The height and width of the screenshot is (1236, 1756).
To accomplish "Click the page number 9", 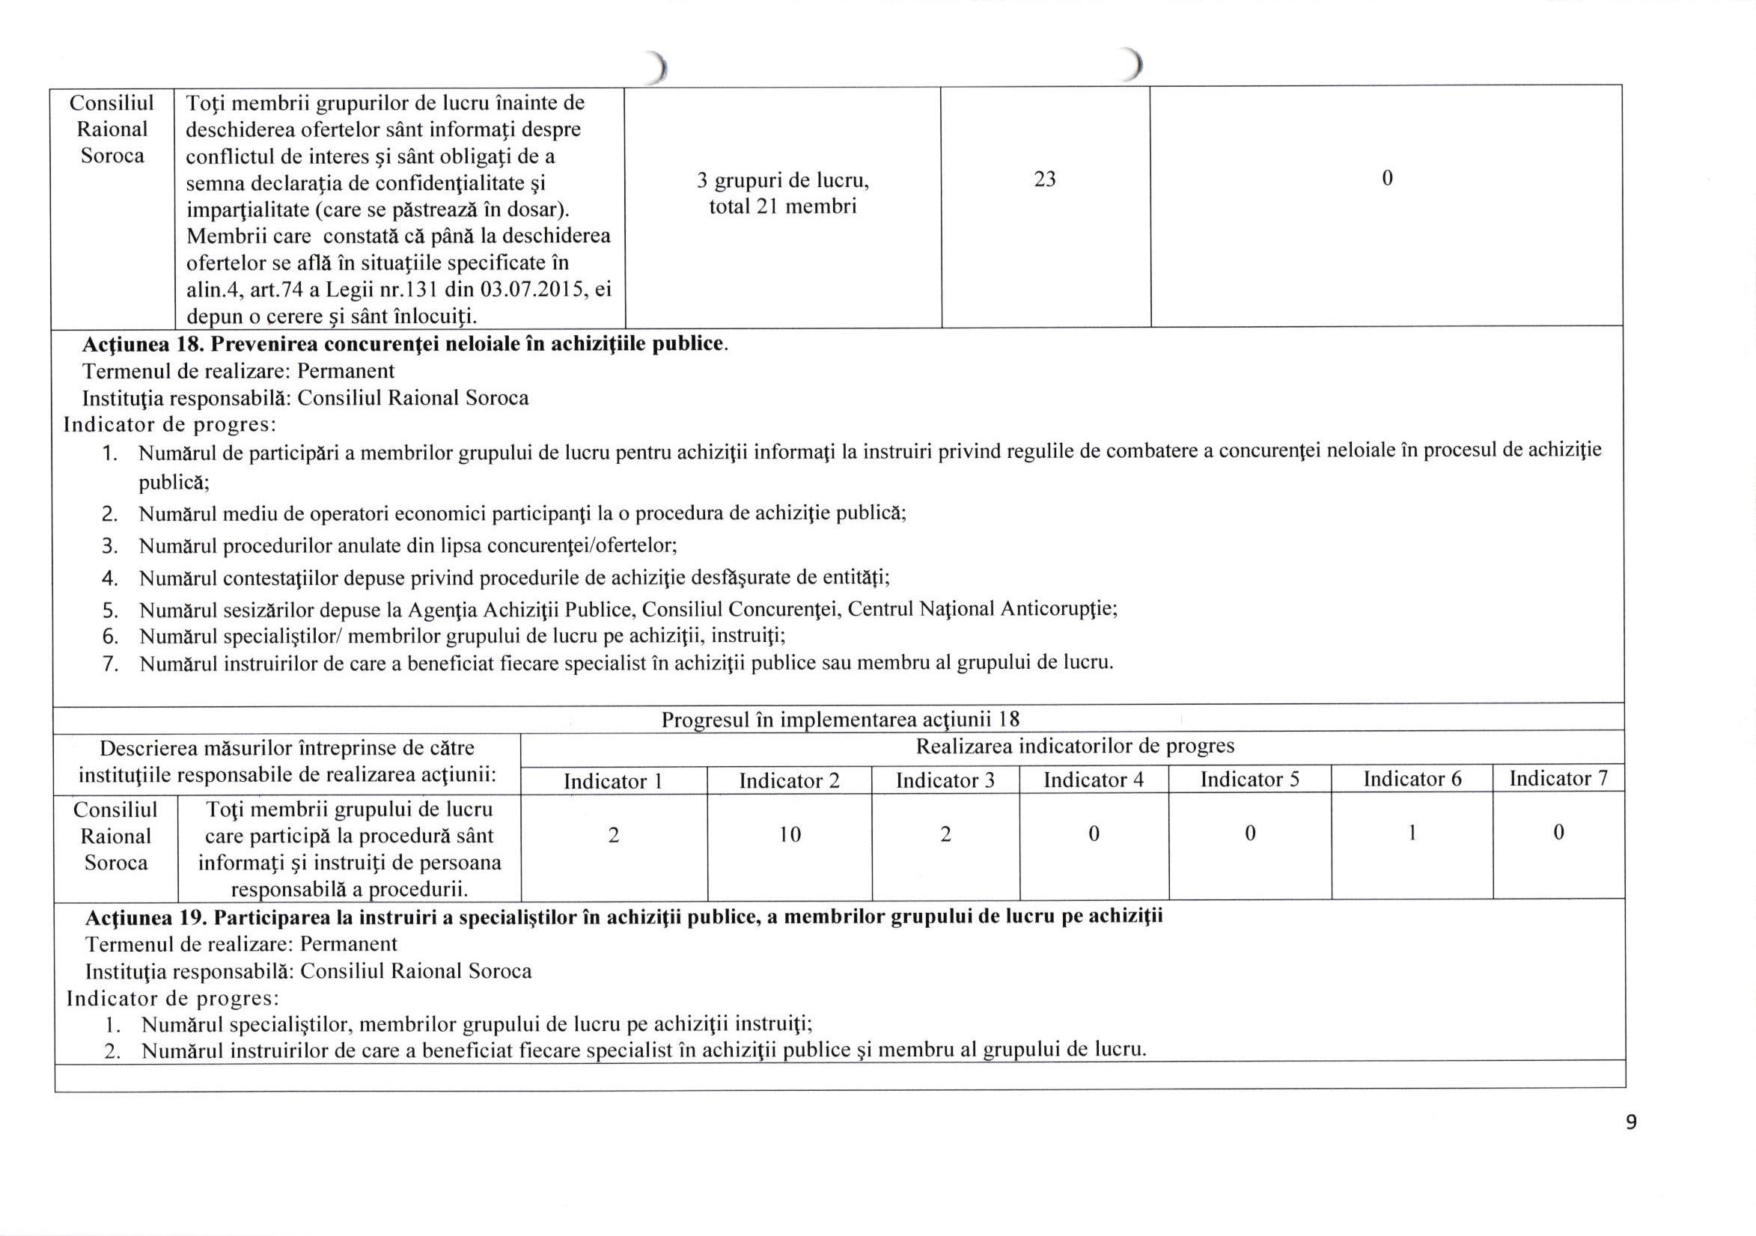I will [x=1630, y=1122].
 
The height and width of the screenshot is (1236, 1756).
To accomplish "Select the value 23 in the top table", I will [x=1045, y=179].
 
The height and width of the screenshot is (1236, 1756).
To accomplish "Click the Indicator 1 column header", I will [x=612, y=781].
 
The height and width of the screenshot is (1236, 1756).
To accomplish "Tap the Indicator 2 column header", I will [x=788, y=780].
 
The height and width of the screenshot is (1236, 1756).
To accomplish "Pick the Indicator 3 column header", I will [x=945, y=780].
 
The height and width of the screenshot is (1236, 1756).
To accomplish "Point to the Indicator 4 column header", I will [x=1093, y=780].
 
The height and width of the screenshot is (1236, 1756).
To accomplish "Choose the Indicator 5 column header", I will [x=1249, y=780].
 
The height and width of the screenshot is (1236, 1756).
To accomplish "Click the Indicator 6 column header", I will [x=1412, y=779].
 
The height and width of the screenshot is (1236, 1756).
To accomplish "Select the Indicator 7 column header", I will [x=1558, y=779].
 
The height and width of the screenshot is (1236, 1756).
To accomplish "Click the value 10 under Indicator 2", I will [x=790, y=835].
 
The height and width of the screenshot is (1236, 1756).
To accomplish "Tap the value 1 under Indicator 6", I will [x=1412, y=834].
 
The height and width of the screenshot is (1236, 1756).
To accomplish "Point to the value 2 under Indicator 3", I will [x=945, y=835].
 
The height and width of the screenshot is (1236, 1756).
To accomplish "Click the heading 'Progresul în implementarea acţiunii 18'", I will [x=840, y=719].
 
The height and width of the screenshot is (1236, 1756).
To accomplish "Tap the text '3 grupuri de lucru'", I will [x=782, y=181].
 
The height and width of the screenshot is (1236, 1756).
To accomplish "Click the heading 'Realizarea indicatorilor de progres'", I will [x=1075, y=746].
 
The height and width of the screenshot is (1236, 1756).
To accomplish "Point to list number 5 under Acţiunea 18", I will [x=109, y=610].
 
